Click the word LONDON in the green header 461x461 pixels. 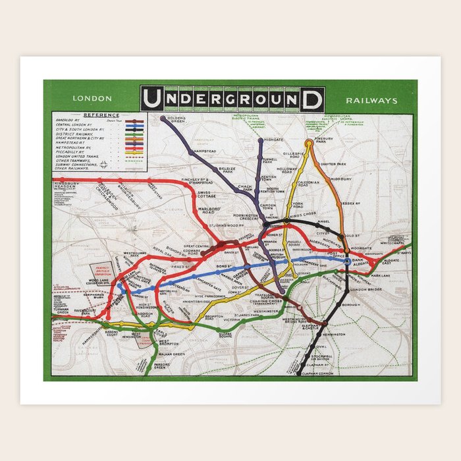tap(92, 99)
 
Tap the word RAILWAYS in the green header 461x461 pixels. tap(371, 101)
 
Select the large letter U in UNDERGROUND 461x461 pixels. tap(151, 99)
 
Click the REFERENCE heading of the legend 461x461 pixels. tap(97, 115)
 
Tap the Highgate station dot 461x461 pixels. tap(261, 140)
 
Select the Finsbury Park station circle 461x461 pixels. tap(308, 142)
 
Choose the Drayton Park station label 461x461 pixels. tap(333, 164)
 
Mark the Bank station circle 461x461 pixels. tap(347, 261)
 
